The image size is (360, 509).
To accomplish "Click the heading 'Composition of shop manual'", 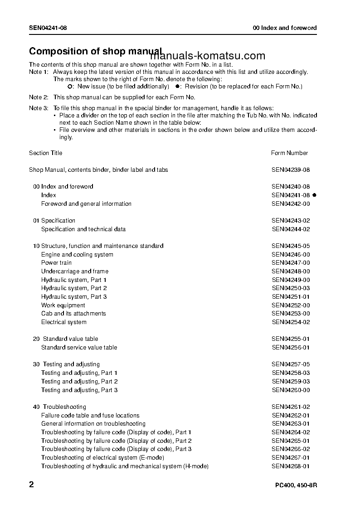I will tap(95, 51).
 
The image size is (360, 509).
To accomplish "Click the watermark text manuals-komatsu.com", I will tap(207, 56).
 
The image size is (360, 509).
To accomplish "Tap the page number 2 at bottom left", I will tap(31, 485).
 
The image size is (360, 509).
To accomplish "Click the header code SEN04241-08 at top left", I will tap(48, 28).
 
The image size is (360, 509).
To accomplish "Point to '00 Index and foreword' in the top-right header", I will tap(285, 28).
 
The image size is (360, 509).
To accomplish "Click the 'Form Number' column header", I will tap(289, 153).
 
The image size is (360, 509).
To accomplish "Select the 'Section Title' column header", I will tap(46, 153).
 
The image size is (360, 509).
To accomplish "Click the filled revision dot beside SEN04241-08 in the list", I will tap(314, 195).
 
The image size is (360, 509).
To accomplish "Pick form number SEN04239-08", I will tap(291, 170).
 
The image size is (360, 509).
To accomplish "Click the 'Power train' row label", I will tap(56, 263).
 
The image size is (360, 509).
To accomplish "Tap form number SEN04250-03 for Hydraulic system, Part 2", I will tap(291, 288).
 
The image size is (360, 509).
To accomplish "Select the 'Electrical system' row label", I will tap(63, 322).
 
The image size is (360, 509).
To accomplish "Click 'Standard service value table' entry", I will tap(79, 348).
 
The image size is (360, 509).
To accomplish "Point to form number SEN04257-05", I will tap(291, 364).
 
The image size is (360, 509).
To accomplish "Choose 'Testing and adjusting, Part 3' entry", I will tap(79, 390).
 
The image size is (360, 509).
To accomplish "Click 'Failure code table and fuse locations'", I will tap(90, 416).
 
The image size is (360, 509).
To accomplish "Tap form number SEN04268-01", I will tap(291, 466).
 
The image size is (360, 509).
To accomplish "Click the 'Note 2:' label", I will tap(39, 97).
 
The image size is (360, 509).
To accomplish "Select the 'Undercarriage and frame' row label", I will tap(75, 271).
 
